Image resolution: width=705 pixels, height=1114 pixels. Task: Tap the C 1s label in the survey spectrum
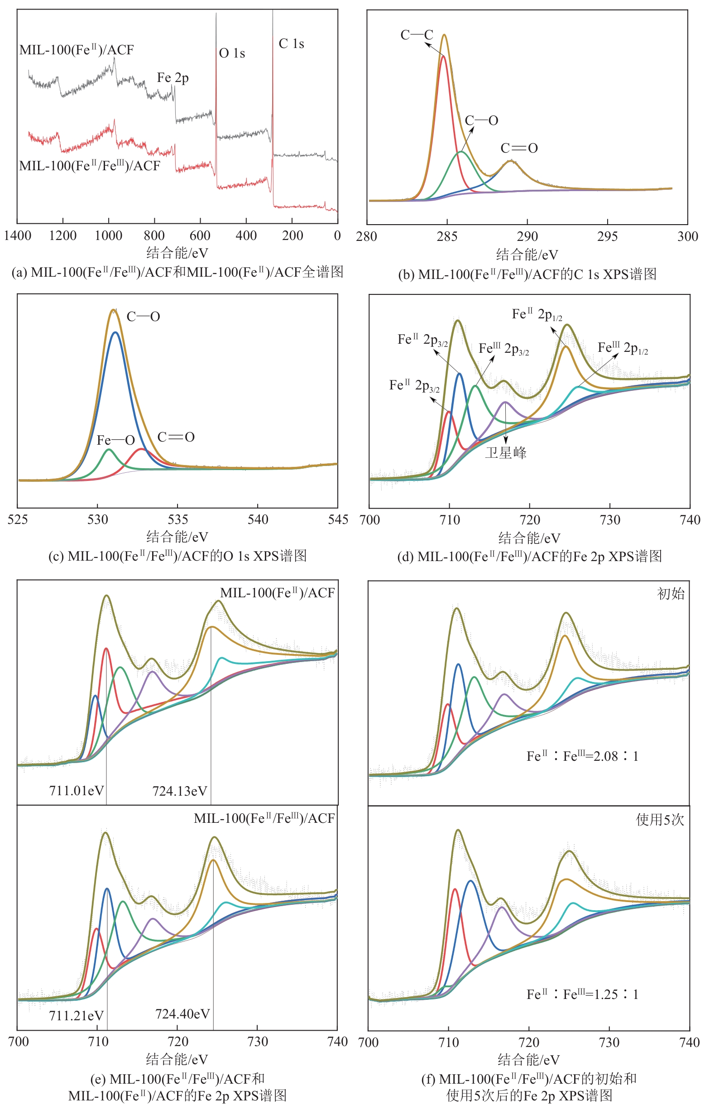(291, 44)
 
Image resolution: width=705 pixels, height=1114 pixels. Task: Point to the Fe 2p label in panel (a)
(173, 78)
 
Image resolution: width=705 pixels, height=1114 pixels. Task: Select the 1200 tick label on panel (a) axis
(63, 236)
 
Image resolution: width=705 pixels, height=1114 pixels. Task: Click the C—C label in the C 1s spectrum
(416, 35)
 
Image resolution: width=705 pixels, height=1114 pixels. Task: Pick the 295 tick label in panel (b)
(607, 237)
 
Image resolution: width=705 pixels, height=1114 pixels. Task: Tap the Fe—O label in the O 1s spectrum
(115, 441)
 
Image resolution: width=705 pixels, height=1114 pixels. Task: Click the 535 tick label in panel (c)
(177, 520)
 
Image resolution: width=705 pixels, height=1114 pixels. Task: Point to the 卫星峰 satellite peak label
(506, 452)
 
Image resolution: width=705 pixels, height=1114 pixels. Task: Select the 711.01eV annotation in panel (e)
(77, 791)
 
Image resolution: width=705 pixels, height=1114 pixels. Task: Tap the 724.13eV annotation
(180, 791)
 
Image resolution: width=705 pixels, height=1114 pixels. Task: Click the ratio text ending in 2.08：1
(582, 756)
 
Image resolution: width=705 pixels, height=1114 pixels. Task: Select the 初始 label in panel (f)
(670, 594)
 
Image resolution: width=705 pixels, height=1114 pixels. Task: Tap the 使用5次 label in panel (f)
(660, 820)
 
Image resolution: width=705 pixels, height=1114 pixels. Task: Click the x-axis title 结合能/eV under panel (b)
(527, 254)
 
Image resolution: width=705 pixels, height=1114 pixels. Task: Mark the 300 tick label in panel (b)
(687, 237)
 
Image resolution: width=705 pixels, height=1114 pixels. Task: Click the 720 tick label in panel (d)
(530, 520)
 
